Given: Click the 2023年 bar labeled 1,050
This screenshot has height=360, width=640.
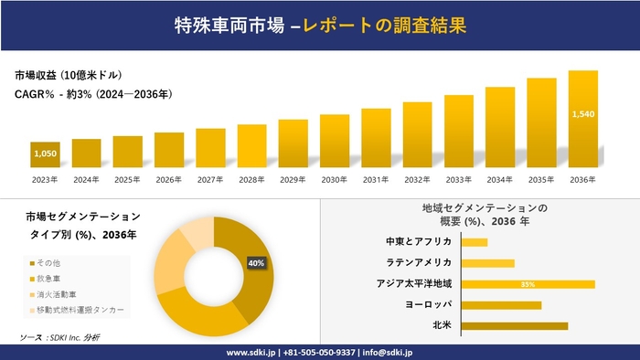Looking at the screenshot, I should point(45,154).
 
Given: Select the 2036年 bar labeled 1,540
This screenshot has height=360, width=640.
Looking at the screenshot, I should point(582,119).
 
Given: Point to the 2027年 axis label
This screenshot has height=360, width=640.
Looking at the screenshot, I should point(210,179).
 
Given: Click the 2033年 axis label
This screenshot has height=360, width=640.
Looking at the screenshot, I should point(458,179).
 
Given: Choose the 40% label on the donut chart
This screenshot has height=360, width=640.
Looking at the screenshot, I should point(256,263).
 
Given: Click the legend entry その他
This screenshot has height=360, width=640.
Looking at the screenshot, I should point(47,263).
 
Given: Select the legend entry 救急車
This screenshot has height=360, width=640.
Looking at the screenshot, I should point(47,279).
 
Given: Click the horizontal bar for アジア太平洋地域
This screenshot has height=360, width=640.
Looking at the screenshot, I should point(528,284).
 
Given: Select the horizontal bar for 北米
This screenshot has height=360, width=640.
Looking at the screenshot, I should point(514,325).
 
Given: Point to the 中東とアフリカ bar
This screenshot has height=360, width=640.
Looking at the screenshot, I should point(475,242).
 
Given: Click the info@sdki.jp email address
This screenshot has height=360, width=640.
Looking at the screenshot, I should point(388,352).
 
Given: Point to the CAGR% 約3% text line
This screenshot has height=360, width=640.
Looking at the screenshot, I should point(92,94).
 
